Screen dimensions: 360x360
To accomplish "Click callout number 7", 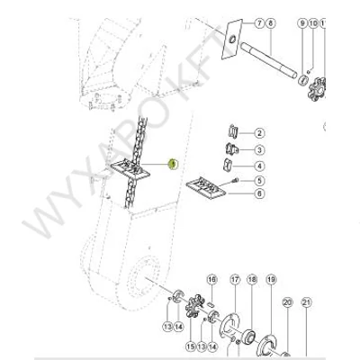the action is tap(259, 23).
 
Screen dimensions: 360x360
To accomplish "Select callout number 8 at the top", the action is tap(271, 23).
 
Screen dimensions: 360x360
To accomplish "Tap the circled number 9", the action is tap(302, 23).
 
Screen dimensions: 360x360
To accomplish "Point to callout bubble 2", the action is tap(259, 133).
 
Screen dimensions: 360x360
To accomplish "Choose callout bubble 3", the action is tap(259, 149).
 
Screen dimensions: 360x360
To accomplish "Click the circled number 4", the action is tap(259, 166).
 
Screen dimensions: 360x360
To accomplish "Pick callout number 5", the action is tap(259, 181).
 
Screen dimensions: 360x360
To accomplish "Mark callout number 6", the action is tap(259, 193).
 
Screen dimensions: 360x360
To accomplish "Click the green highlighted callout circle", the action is tap(173, 164).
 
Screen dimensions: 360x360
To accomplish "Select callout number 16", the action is tap(211, 280).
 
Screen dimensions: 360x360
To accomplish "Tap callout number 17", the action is tap(235, 280).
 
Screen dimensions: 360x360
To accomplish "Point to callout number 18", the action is tap(252, 280).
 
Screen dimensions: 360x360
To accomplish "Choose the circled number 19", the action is tap(271, 280).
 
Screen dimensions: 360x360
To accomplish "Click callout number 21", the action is tap(306, 302).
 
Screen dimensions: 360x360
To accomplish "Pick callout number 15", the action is tap(191, 347).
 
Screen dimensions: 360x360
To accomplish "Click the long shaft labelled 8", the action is tap(269, 60).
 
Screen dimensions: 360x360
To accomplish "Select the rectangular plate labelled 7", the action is tap(232, 39).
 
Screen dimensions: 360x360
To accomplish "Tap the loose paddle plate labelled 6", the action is tap(205, 188).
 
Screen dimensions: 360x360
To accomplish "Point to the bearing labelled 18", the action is tap(248, 335).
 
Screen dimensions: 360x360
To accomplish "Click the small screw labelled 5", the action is tap(236, 180).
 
